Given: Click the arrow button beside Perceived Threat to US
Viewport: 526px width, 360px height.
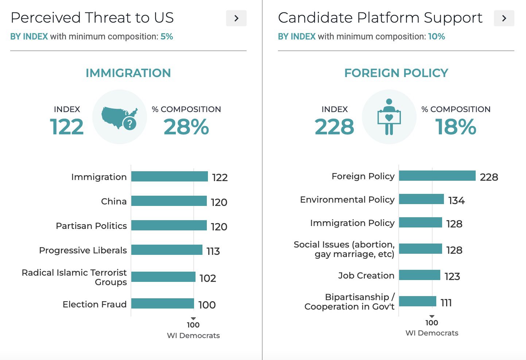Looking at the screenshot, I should (236, 18).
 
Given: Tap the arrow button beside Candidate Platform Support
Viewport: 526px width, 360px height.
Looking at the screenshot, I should (504, 18).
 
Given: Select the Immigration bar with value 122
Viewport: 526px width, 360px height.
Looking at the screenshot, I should (169, 177).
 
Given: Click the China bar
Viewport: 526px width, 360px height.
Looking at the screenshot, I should (169, 201).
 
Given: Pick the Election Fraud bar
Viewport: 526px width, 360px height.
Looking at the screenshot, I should (163, 304).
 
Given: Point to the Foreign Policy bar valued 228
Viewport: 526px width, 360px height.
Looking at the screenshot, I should (437, 176).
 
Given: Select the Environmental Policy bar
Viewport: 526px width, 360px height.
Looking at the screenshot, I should (421, 199).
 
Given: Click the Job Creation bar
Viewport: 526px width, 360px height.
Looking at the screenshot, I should (419, 275).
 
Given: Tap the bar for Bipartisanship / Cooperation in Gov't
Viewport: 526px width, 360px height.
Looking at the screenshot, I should (418, 302).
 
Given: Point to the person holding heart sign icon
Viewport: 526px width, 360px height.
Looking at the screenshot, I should (389, 117).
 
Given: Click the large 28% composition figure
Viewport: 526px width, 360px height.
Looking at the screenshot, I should (186, 127).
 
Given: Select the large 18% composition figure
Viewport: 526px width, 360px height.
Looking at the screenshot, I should (456, 127).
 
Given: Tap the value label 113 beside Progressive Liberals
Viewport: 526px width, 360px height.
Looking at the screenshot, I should (213, 251).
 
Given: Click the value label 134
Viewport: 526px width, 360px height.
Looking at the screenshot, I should (456, 200).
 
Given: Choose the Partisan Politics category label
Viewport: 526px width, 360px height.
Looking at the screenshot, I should (91, 226).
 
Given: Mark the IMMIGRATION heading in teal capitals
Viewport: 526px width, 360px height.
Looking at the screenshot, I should (128, 73).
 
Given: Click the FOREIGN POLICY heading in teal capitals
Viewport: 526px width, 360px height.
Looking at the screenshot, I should (396, 73).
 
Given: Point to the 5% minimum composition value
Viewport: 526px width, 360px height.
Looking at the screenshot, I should (167, 37).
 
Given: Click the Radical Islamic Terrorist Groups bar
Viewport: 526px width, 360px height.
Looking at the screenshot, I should (163, 277).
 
